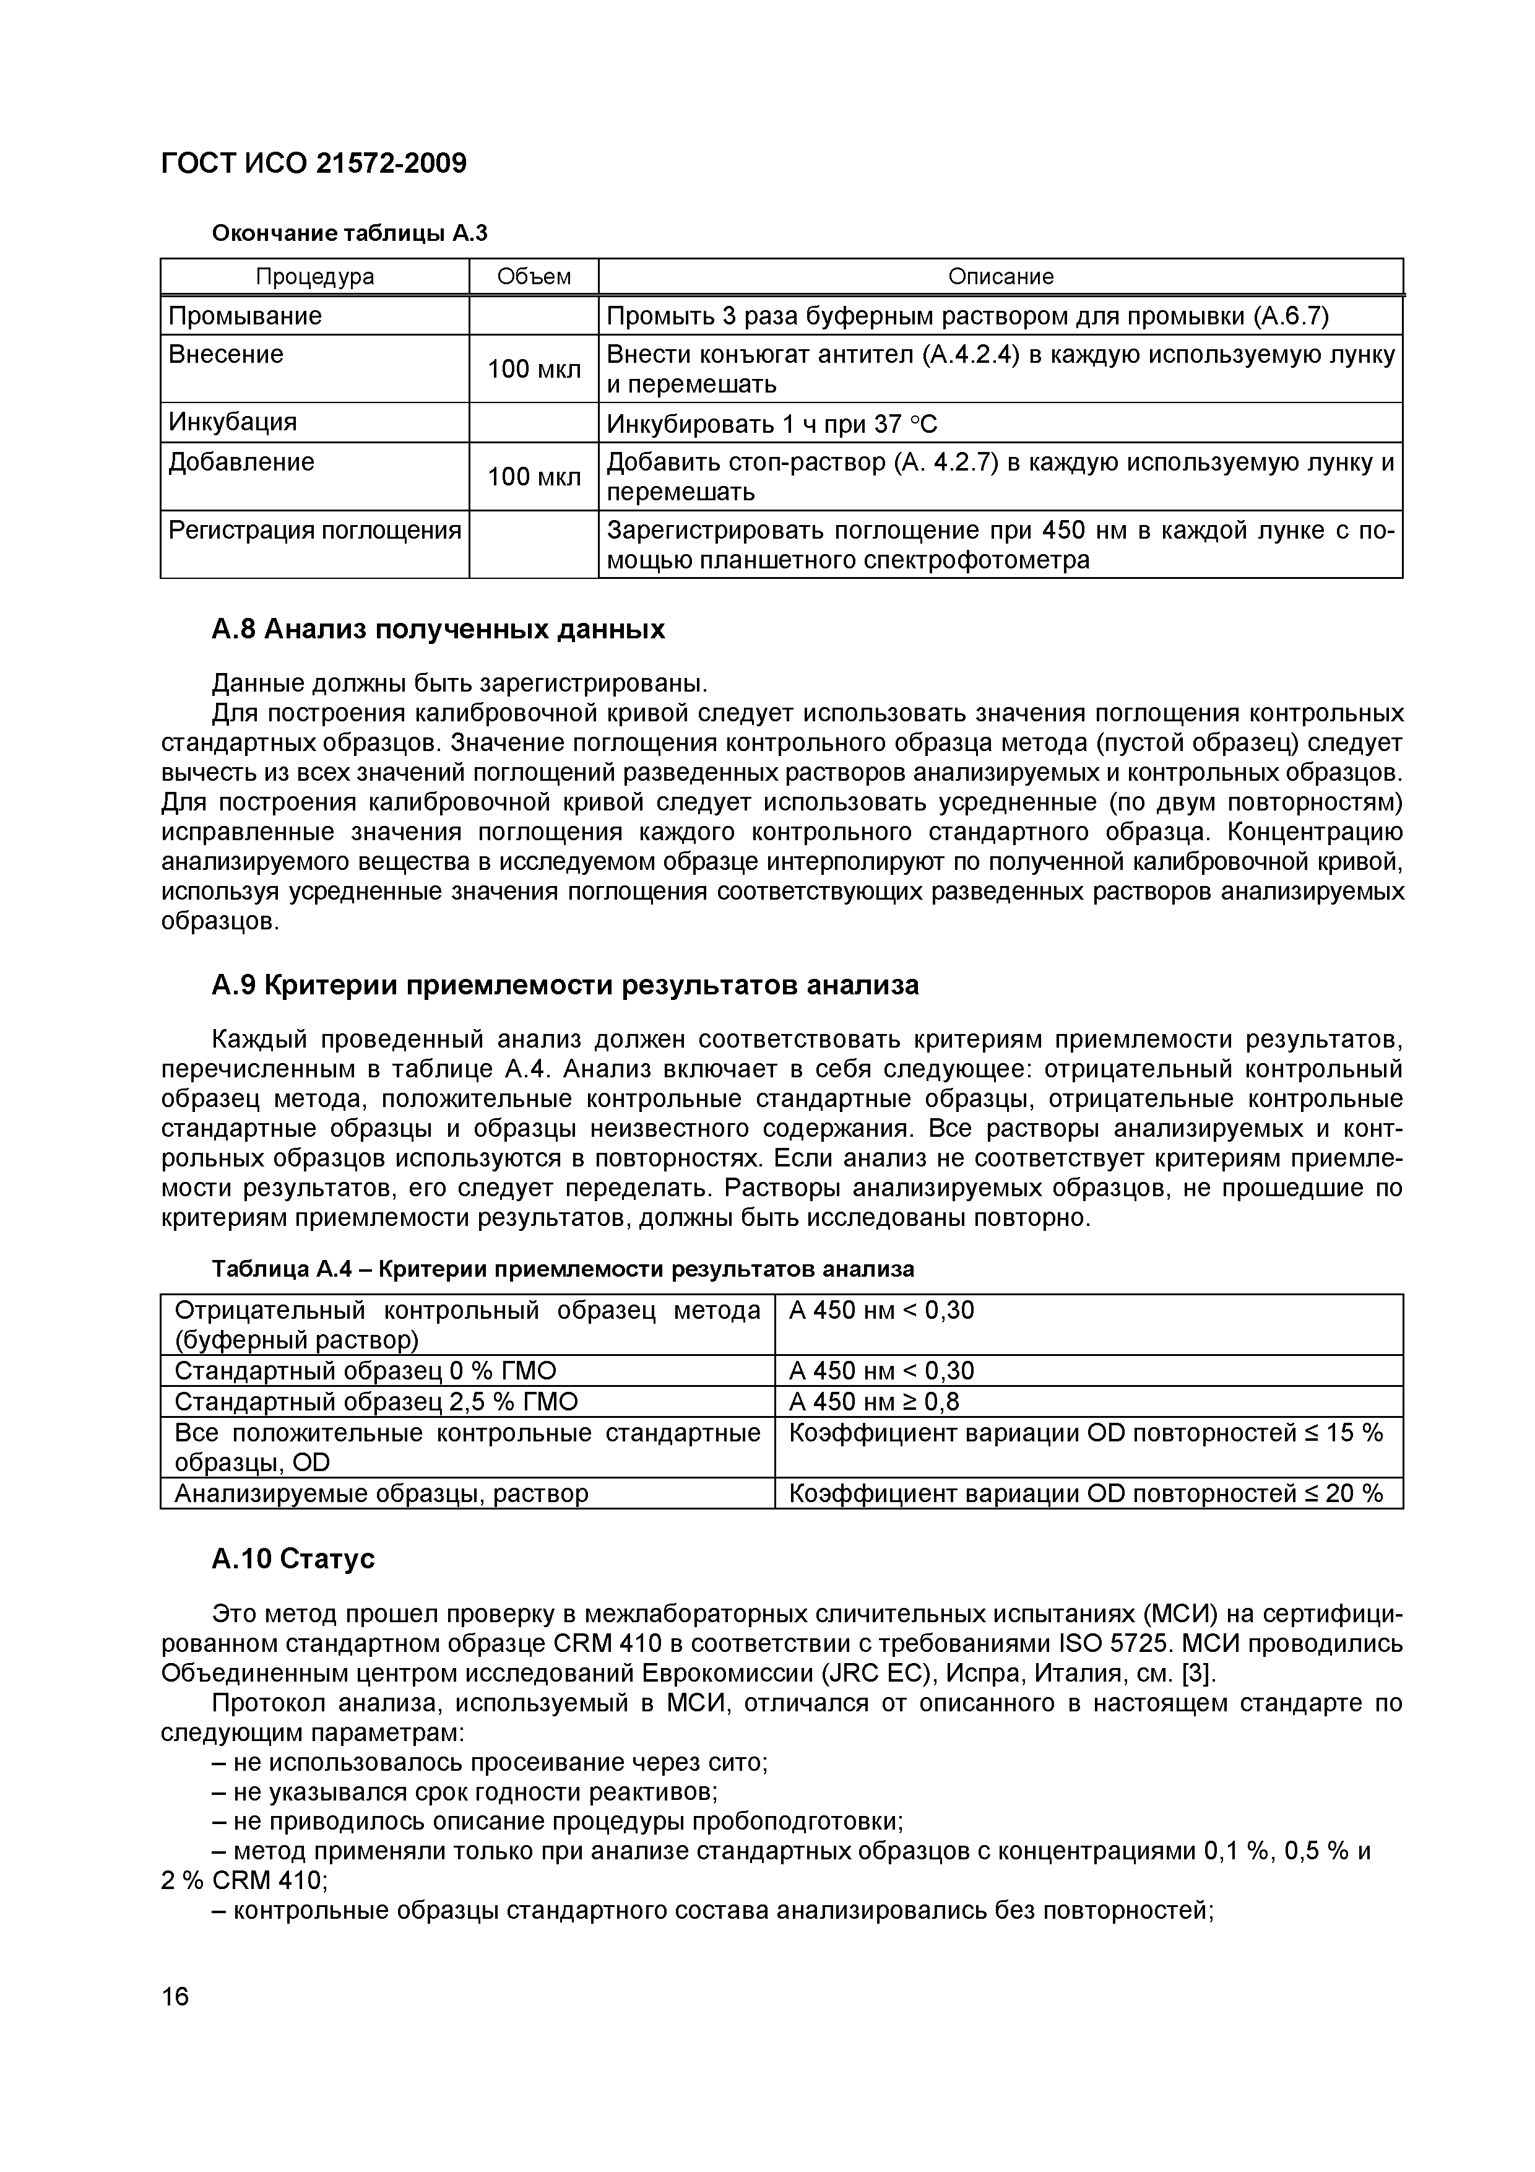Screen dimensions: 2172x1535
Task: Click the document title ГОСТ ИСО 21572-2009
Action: pos(313,163)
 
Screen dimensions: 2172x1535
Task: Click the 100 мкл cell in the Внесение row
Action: pos(534,369)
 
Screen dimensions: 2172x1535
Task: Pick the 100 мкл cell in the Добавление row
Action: pos(534,477)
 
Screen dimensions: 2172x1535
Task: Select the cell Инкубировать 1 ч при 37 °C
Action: pos(772,424)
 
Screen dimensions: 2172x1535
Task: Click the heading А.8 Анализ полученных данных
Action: pos(437,629)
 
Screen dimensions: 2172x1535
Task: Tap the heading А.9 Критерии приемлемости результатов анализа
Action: pos(564,985)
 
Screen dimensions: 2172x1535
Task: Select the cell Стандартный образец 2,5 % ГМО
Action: pos(376,1401)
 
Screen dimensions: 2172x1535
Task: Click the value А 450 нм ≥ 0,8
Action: pos(874,1401)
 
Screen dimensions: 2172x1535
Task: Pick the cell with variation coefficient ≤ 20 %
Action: pos(1086,1493)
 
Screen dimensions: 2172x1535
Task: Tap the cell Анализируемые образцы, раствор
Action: pos(381,1493)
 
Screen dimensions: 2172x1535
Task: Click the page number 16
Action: pos(175,1996)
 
